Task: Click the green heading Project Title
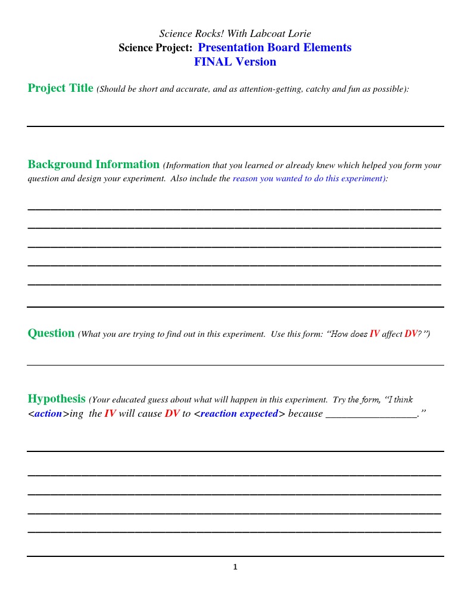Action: point(60,88)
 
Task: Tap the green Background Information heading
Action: point(93,165)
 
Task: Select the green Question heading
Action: point(51,333)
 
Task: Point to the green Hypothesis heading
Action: point(57,399)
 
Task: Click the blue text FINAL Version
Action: point(235,62)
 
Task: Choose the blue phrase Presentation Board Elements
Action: point(275,48)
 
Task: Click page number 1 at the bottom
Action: point(235,567)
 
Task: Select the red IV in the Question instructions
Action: point(375,334)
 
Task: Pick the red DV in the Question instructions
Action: point(411,334)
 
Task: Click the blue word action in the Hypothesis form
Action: point(48,414)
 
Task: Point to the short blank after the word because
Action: point(371,415)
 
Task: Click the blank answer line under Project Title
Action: point(235,125)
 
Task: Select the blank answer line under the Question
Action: point(235,364)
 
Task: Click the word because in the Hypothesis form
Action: point(305,414)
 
